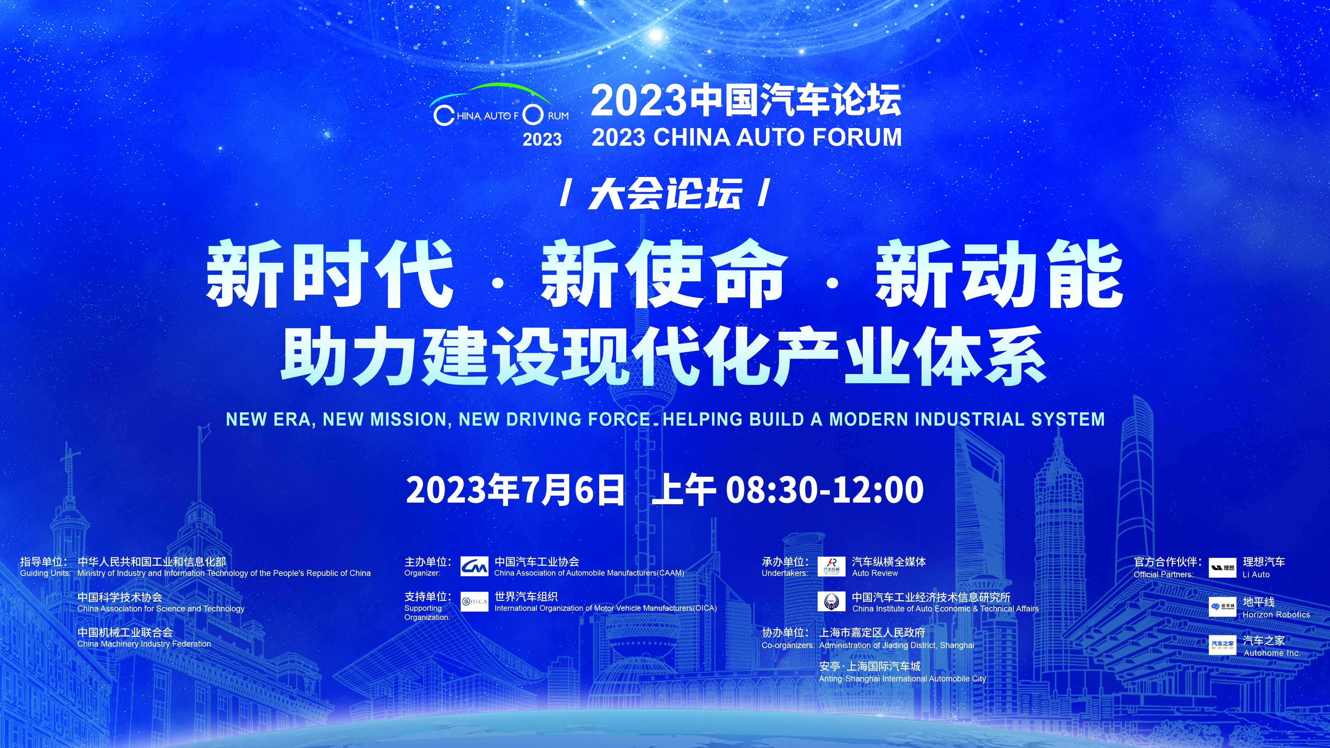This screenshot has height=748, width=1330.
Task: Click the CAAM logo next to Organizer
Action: (474, 566)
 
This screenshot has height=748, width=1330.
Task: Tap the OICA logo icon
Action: (474, 601)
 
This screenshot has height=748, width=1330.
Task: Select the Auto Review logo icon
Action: (831, 566)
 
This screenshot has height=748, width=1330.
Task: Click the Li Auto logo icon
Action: (1223, 567)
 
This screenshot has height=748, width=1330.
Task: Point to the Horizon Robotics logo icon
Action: (1223, 607)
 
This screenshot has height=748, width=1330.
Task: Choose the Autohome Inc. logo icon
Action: (1223, 645)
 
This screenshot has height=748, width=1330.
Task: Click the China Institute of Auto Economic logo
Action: (831, 601)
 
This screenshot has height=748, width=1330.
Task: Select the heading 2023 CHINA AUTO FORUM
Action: (747, 137)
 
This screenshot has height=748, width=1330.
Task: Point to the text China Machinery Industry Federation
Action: (144, 644)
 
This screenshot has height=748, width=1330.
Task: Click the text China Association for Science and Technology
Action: (160, 609)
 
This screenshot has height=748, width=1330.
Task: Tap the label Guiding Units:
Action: (45, 573)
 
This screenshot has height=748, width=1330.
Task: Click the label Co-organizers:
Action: (788, 645)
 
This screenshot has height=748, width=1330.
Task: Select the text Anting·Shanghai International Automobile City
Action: (902, 679)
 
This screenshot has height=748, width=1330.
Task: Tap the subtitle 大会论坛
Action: (665, 194)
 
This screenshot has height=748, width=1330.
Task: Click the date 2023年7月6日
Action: (515, 489)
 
